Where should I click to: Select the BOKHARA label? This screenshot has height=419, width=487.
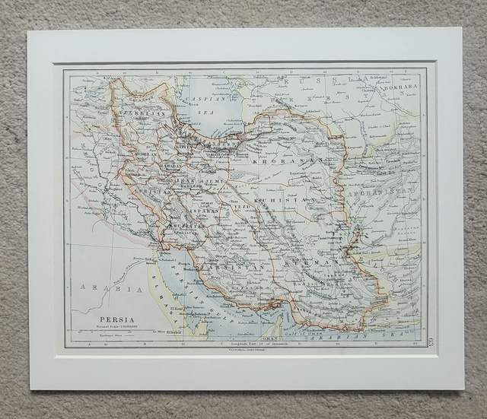click(x=403, y=88)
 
